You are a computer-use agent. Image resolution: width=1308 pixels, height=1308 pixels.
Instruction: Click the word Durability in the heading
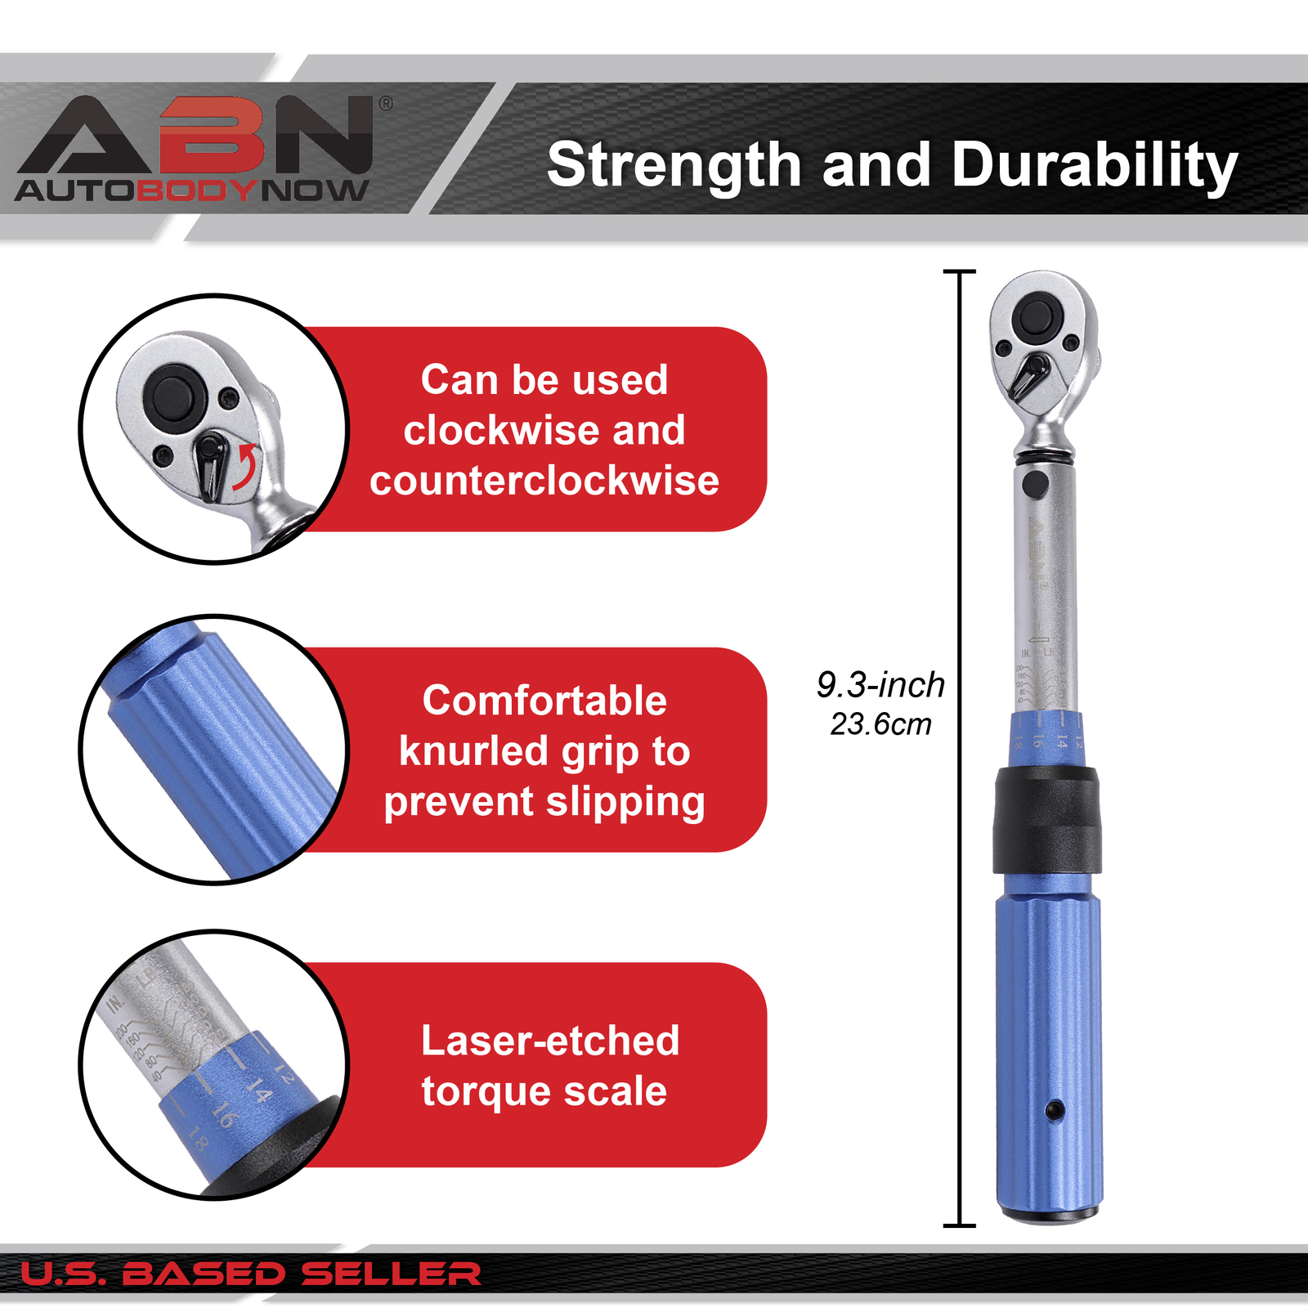[1095, 165]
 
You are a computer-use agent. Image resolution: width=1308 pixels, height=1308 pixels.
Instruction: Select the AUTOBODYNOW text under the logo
[191, 191]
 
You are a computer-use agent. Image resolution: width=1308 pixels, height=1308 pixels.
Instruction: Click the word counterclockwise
[544, 481]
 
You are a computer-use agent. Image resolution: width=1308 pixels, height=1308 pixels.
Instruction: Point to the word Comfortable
[544, 701]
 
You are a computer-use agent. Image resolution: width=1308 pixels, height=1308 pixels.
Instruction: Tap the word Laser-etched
[550, 1041]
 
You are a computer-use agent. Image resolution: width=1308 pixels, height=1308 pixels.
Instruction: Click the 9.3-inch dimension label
[880, 685]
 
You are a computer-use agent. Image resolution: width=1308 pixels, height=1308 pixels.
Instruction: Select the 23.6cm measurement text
[880, 724]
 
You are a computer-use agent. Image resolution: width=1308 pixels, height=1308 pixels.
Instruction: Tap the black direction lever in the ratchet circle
[211, 465]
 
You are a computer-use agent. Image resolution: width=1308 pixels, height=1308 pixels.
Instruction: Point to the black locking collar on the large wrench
[1046, 820]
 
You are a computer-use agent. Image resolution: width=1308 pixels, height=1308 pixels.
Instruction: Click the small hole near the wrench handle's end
[1055, 1109]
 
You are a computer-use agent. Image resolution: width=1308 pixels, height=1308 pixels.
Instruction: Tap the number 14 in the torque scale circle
[258, 1091]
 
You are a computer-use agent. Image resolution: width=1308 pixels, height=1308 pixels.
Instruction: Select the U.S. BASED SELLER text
[250, 1274]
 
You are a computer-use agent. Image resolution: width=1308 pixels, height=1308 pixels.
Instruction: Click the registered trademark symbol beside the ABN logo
[386, 104]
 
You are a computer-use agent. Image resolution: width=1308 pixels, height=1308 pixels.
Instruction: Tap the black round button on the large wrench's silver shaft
[1035, 483]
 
